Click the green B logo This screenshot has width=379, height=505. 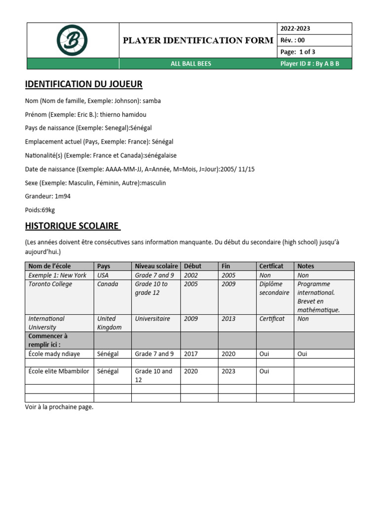point(72,40)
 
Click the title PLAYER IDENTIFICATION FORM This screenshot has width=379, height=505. point(198,40)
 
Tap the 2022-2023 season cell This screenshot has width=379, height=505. point(296,29)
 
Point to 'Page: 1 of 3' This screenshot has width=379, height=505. point(298,52)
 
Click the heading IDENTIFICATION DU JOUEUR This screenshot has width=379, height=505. point(83,84)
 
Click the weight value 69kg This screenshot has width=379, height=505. point(48,210)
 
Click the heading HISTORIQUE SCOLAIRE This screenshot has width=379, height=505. point(72,226)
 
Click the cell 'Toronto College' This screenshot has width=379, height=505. point(50,285)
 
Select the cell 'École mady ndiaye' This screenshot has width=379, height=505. point(54,354)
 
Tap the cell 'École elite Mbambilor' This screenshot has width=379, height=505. point(59,371)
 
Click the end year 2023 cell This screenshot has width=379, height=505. point(228,371)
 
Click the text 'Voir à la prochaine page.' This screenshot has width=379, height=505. point(59,407)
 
